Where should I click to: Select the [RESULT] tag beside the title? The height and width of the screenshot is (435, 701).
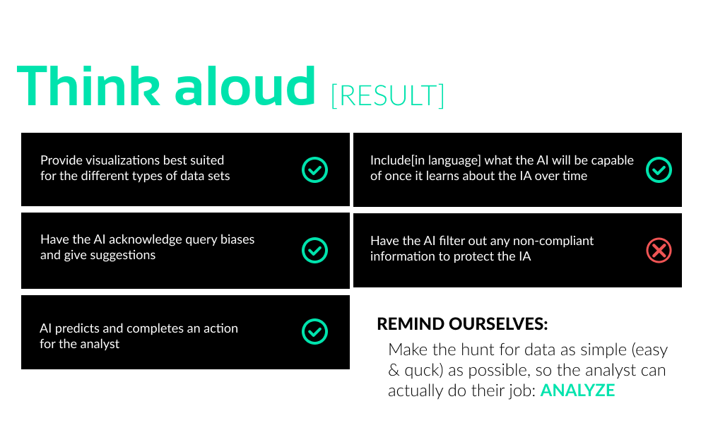387,95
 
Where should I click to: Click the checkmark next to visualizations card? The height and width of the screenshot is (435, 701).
314,169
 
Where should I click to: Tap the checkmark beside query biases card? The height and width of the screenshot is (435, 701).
314,250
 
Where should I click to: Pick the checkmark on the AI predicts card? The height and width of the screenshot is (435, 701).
314,332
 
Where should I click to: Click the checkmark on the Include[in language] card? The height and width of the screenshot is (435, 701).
659,169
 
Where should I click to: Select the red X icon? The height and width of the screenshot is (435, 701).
659,250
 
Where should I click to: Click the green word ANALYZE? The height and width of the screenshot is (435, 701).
577,391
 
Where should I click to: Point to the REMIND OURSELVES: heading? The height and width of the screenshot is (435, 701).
462,324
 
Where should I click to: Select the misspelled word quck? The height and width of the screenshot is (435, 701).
419,370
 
